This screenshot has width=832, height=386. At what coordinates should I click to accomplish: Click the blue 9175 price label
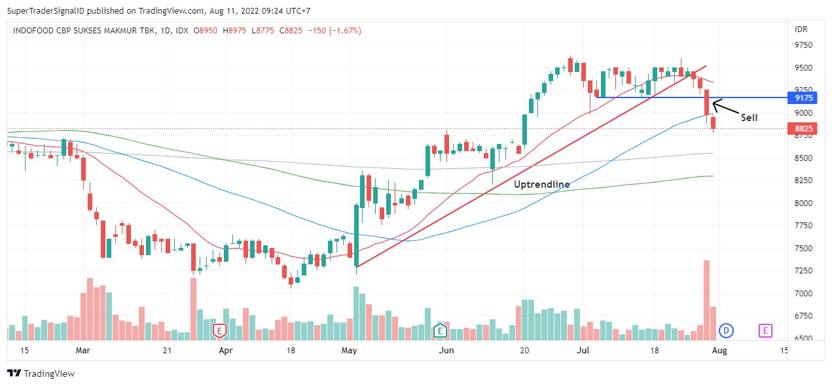click(x=803, y=98)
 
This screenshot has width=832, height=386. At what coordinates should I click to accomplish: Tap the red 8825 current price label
click(x=803, y=129)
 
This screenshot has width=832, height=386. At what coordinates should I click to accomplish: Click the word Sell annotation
click(x=749, y=118)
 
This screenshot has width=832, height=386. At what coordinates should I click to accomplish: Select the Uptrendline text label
click(x=541, y=184)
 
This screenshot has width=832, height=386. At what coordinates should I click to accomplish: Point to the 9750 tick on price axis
click(x=803, y=45)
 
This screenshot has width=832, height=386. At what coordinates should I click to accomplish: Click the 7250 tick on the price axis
click(x=803, y=270)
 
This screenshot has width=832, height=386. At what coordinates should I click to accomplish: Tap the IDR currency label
click(x=801, y=29)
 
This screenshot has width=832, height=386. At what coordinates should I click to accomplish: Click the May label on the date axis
click(x=350, y=351)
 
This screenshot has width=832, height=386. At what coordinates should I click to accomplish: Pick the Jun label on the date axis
click(x=446, y=351)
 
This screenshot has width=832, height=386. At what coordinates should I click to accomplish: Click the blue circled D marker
click(x=725, y=331)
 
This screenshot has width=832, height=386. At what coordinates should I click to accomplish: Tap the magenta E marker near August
click(x=765, y=331)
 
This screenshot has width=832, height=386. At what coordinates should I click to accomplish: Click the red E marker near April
click(x=219, y=331)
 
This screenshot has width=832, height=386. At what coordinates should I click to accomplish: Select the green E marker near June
click(x=441, y=331)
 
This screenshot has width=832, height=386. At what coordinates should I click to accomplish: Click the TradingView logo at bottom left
click(x=41, y=374)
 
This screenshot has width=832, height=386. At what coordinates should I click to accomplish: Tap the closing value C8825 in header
click(x=291, y=31)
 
